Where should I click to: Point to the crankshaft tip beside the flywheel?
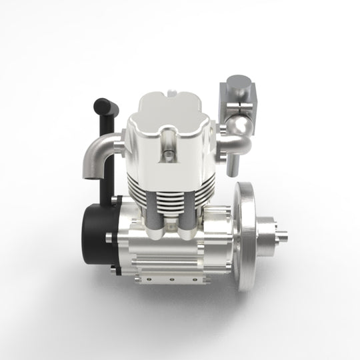click(x=285, y=235)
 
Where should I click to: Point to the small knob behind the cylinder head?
click(x=172, y=87)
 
